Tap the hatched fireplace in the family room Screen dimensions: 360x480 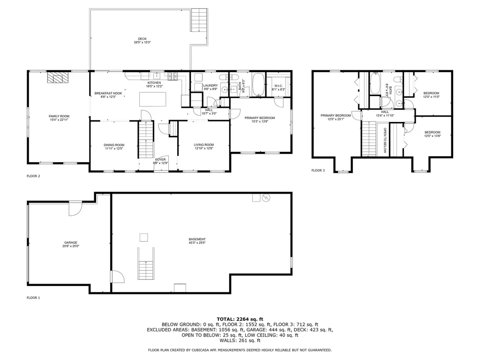58,77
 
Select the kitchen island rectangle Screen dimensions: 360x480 152,99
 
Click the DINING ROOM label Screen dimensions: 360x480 114,147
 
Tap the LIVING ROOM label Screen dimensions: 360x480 204,146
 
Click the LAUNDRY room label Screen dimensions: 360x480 210,87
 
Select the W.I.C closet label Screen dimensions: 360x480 278,87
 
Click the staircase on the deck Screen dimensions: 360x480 199,20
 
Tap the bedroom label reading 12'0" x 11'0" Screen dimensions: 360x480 432,95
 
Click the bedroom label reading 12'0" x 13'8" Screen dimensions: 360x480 432,134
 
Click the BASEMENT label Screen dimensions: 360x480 197,241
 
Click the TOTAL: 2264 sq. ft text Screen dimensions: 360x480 240,318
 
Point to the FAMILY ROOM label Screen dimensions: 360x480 59,118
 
